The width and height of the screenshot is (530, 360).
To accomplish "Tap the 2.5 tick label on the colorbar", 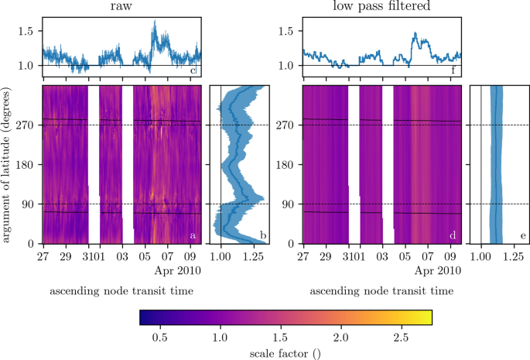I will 401,338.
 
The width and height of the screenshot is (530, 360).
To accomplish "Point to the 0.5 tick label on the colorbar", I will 161,338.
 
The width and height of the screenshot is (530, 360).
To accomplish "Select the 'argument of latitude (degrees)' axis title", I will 7,165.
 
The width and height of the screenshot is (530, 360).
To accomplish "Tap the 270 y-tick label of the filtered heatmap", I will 287,125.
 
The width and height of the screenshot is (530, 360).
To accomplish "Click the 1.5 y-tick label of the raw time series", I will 27,33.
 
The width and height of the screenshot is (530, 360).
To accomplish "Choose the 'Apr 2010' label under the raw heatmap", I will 180,270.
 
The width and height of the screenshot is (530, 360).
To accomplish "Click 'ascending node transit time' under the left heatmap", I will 121,291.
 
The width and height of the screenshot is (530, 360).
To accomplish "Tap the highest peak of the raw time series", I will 155,26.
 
